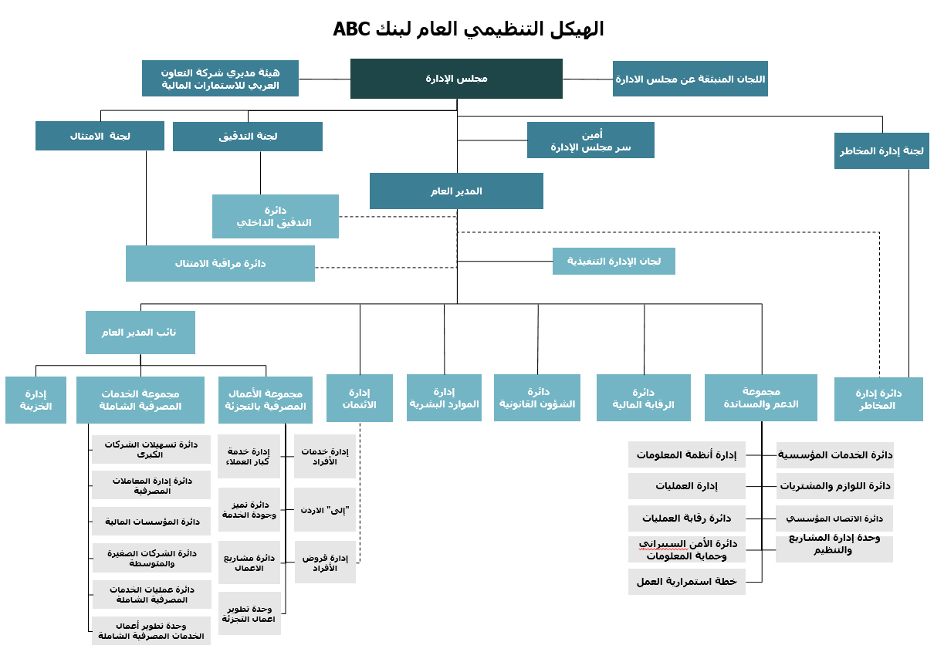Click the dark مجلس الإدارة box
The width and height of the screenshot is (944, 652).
[x=456, y=79]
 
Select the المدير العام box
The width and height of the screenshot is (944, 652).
[x=456, y=191]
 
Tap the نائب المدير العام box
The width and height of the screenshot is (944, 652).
[x=140, y=333]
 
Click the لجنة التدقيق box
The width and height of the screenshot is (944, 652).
[x=248, y=137]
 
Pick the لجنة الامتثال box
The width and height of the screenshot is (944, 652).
[x=100, y=136]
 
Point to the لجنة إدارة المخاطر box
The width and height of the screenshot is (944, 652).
[x=881, y=150]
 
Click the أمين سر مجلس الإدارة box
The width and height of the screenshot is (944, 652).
[x=590, y=140]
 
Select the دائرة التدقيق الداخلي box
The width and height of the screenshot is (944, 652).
[x=276, y=216]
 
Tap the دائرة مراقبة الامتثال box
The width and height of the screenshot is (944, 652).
[x=221, y=263]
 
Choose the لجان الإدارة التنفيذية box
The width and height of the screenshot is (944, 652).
[x=614, y=261]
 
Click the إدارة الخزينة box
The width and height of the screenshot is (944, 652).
[x=36, y=400]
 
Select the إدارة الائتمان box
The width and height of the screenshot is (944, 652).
[x=360, y=398]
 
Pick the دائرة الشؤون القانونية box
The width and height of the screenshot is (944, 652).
[x=537, y=397]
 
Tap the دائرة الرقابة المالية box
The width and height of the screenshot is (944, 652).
[x=644, y=397]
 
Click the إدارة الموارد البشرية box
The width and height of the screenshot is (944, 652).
[x=444, y=397]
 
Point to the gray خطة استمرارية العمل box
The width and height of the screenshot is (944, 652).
[x=687, y=582]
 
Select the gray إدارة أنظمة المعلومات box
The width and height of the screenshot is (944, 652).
[x=687, y=454]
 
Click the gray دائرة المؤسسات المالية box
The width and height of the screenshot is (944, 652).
[x=152, y=522]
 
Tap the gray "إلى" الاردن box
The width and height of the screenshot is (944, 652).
[x=325, y=509]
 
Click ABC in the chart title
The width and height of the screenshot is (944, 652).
[x=351, y=29]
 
